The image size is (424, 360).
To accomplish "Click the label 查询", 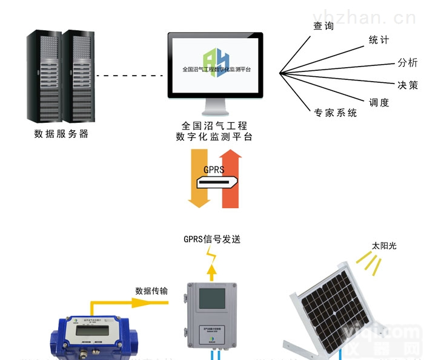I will [x=323, y=25].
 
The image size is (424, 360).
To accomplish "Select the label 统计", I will [x=379, y=40].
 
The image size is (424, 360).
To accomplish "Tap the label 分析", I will [x=407, y=62].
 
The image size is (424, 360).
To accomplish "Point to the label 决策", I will [x=407, y=85].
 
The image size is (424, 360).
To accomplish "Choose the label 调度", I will [x=379, y=102].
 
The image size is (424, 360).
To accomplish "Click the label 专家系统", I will [x=335, y=113].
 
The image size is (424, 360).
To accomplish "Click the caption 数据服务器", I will [x=61, y=134].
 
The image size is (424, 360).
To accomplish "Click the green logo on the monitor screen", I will [x=216, y=61].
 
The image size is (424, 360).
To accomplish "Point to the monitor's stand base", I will [x=215, y=113].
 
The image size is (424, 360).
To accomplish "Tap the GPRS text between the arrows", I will [x=215, y=169].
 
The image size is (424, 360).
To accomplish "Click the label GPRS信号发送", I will [x=212, y=239].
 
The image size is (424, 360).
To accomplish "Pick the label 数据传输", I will [x=151, y=290].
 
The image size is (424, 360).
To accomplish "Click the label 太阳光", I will [x=383, y=246].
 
